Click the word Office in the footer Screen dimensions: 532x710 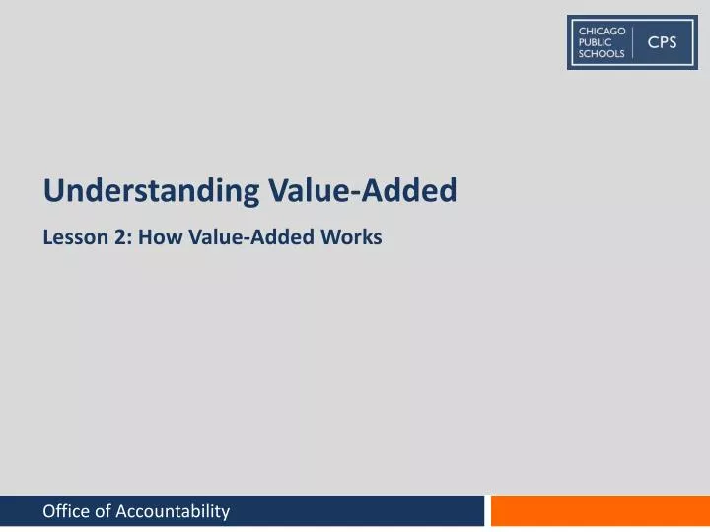67,510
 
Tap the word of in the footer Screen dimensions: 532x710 103,510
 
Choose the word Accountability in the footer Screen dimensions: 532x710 173,510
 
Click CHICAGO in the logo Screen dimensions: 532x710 602,32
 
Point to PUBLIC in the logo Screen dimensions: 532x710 595,42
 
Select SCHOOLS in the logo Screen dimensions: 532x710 601,54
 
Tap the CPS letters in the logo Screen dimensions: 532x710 662,42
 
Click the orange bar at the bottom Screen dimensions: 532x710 600,510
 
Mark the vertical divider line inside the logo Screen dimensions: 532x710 632,42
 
